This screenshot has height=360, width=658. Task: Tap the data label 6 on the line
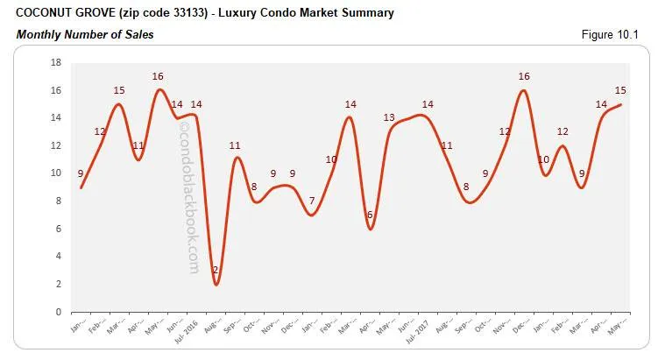coord(370,215)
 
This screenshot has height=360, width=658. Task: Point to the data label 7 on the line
coord(312,201)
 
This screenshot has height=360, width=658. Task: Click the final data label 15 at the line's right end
coord(619,91)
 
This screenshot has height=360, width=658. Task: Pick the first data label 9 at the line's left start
coord(81,173)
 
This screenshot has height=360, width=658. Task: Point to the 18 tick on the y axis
coord(54,63)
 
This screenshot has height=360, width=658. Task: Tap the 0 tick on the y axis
coord(57,312)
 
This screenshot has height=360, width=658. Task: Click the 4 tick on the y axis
coord(57,257)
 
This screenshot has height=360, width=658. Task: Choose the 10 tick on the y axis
coord(54,173)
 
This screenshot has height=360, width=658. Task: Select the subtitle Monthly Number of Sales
coord(80,34)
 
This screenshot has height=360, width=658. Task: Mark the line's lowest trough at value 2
coord(216,284)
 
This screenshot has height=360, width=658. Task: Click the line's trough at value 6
coord(371,229)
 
